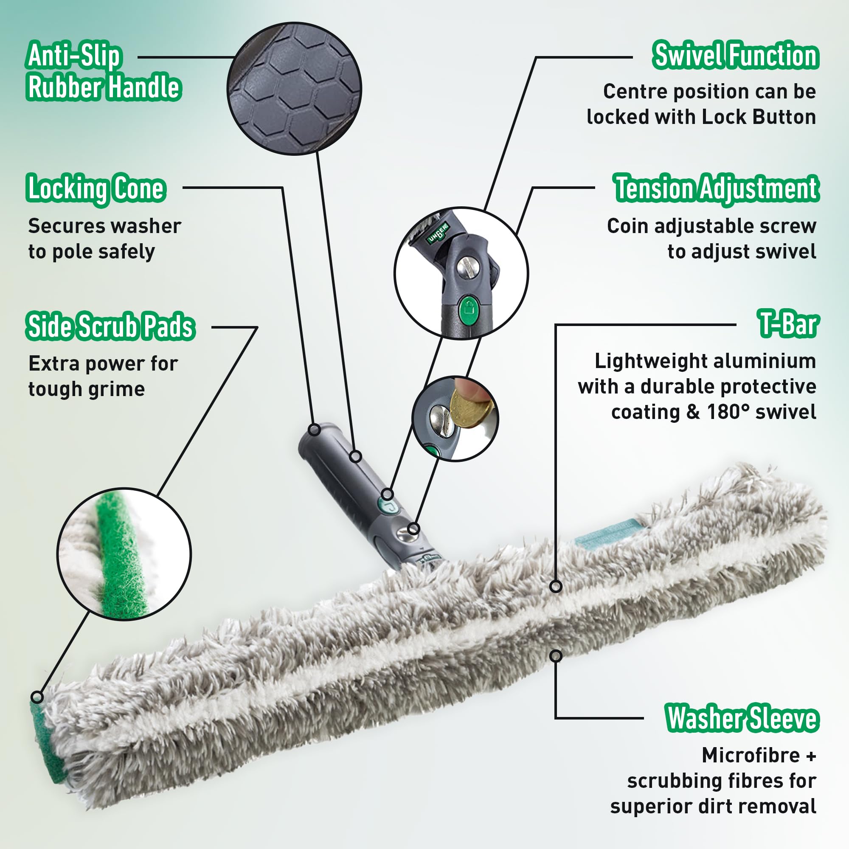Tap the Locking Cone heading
[x=96, y=189]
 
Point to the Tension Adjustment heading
[x=716, y=188]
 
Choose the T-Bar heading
[x=788, y=324]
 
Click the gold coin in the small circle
[x=471, y=408]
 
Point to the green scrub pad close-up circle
[x=124, y=554]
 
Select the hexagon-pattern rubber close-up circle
[x=295, y=89]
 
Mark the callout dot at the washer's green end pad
[x=37, y=697]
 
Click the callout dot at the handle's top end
[x=314, y=429]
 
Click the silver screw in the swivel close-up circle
[x=466, y=267]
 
